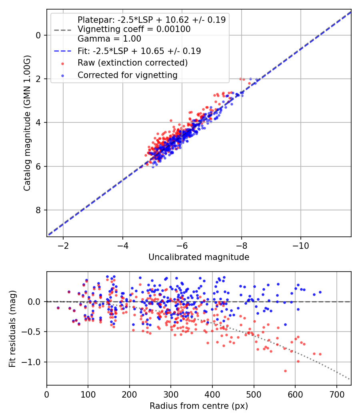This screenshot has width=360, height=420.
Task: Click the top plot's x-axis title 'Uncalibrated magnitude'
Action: click(199, 257)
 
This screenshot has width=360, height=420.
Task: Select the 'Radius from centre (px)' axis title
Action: click(199, 406)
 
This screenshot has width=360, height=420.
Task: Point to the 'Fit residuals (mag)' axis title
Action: click(12, 328)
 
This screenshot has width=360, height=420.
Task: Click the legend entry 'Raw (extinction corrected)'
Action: click(132, 63)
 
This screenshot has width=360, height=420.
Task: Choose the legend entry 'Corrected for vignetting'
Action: click(127, 75)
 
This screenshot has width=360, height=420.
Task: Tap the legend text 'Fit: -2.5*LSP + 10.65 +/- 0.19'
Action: click(139, 51)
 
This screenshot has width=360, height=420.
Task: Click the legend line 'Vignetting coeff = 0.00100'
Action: click(134, 29)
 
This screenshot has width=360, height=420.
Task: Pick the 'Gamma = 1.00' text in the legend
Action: click(109, 39)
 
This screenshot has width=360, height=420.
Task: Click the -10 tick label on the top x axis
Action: click(300, 245)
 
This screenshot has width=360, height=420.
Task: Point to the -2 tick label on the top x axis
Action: click(63, 245)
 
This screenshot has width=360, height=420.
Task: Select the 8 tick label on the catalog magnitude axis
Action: click(38, 210)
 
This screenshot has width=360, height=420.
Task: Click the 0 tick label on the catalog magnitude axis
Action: click(38, 35)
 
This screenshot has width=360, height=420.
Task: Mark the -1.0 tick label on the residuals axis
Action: click(33, 362)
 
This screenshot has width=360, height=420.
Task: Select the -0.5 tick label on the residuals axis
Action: click(33, 332)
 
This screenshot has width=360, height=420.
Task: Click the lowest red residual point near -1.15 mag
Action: click(285, 371)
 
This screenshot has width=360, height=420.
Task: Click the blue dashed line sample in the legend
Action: click(62, 51)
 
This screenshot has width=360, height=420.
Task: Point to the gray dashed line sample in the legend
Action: click(62, 30)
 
